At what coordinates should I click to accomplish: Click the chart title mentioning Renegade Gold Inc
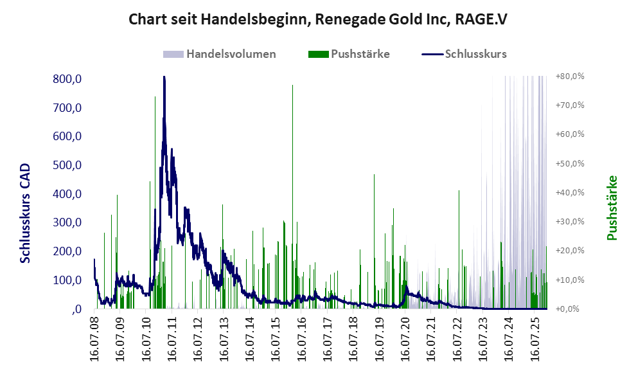pyautogui.click(x=317, y=19)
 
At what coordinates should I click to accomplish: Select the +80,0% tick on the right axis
pyautogui.click(x=570, y=76)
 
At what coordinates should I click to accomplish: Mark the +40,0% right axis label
pyautogui.click(x=570, y=193)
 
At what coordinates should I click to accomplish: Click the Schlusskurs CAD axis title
pyautogui.click(x=26, y=213)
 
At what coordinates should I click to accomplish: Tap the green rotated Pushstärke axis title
pyautogui.click(x=612, y=208)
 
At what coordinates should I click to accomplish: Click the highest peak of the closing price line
pyautogui.click(x=164, y=78)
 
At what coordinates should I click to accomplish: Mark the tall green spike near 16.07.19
pyautogui.click(x=375, y=175)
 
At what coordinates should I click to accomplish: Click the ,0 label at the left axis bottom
pyautogui.click(x=76, y=309)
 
